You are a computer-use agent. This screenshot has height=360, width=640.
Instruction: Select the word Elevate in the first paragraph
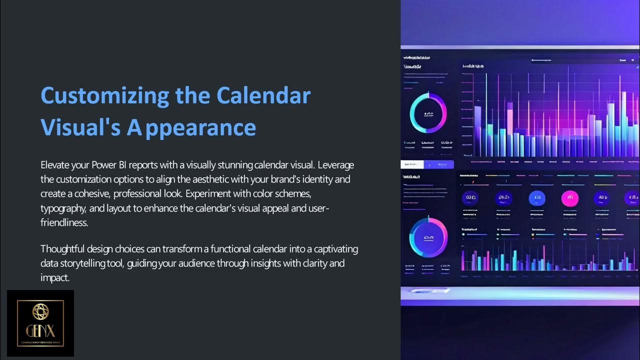(55, 164)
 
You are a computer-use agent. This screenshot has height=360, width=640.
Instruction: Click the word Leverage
(336, 164)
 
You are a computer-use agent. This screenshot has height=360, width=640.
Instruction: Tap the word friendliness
(64, 222)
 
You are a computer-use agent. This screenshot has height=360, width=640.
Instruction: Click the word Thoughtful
(62, 248)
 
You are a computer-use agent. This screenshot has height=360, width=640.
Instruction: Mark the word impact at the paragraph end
(54, 277)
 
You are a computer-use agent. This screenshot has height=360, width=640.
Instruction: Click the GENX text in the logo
(40, 330)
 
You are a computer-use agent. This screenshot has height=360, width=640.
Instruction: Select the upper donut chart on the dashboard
(428, 114)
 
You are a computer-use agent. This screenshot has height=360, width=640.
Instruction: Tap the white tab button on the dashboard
(412, 164)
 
